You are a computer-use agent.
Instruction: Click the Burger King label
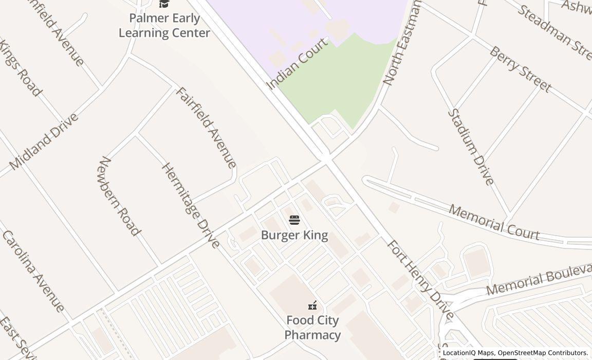(294, 236)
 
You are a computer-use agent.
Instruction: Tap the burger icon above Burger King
(294, 221)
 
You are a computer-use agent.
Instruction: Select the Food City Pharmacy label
(312, 328)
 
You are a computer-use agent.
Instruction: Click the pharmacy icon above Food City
(312, 306)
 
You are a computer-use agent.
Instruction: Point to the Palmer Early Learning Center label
(164, 26)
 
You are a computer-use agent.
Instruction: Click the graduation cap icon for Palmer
(164, 4)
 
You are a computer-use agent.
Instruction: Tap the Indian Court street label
(298, 64)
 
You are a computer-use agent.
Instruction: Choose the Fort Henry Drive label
(420, 280)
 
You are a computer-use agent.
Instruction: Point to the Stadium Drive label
(471, 147)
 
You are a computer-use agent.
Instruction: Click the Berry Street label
(520, 69)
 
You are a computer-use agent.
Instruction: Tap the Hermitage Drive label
(191, 205)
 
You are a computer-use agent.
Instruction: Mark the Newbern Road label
(119, 196)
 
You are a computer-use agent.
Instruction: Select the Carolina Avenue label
(33, 271)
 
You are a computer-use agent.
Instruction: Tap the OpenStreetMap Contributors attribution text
(543, 353)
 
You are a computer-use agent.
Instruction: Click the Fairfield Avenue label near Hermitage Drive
(206, 128)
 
